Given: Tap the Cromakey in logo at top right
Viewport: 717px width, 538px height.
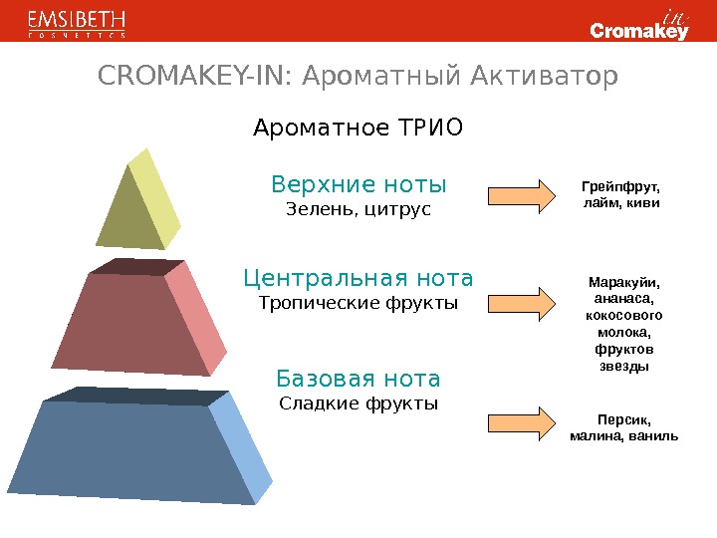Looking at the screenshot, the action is pos(639,24).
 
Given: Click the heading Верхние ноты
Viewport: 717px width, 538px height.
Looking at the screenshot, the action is pos(358,185).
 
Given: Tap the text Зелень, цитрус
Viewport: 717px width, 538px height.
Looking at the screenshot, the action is pos(358,209).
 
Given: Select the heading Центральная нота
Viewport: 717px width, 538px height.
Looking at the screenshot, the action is pos(358,276).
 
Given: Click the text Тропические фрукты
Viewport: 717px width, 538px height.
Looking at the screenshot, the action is pos(358,301).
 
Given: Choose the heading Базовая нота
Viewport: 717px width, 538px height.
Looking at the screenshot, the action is pos(358,379).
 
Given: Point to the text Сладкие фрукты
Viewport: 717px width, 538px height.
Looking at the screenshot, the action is pos(358,403).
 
